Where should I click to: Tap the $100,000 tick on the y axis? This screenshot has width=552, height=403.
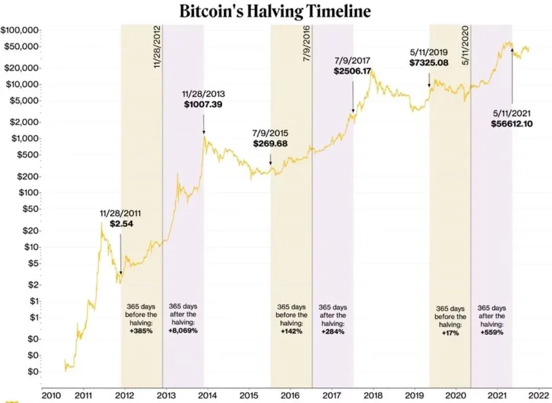[x=20, y=30]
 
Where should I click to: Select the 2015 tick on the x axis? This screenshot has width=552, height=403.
[x=249, y=396]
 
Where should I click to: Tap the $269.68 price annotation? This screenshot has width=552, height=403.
[x=270, y=144]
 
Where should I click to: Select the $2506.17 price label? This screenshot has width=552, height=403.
[x=353, y=71]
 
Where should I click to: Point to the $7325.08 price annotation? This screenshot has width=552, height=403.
[x=429, y=63]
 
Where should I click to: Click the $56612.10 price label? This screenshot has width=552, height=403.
[x=512, y=124]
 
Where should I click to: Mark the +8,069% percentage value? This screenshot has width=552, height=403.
[x=183, y=331]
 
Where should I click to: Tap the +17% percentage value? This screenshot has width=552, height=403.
[x=450, y=332]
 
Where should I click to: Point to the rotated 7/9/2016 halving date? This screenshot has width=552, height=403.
[x=307, y=43]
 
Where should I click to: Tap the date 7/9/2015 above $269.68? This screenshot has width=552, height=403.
[x=270, y=134]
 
